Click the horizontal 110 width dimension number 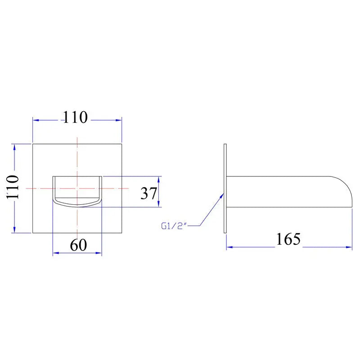pos(75,117)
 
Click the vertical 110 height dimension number pos(13,187)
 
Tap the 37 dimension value pos(148,193)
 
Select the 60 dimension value pos(78,245)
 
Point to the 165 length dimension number pos(288,239)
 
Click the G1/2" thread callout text pos(174,226)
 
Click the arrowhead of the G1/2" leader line pos(222,196)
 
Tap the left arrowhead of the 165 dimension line pos(229,247)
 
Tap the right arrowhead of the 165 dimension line pos(349,247)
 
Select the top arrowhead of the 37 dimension pos(159,180)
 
